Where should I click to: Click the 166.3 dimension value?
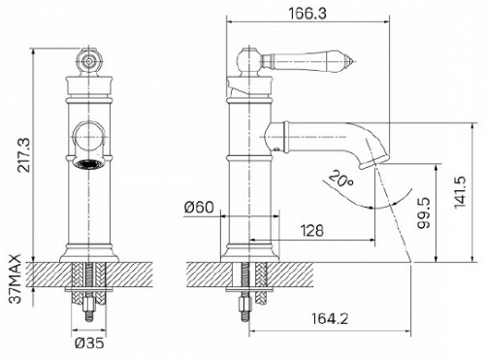[x=307, y=14]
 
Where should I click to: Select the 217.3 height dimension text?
[x=24, y=154]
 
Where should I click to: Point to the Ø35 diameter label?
[x=89, y=343]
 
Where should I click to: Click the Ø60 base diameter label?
[x=199, y=207]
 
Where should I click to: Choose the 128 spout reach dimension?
[x=312, y=231]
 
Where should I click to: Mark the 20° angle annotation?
[x=340, y=179]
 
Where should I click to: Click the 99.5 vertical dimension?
[x=424, y=213]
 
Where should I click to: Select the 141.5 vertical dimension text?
[x=460, y=192]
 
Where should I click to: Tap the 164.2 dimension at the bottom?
[x=330, y=319]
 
